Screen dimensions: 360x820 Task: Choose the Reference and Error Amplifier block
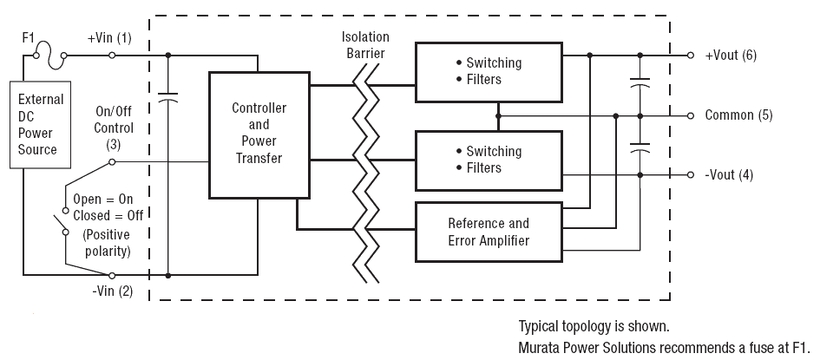click(x=488, y=232)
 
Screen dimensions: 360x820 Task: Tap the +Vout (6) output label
click(x=731, y=55)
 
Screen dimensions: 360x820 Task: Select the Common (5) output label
click(x=738, y=115)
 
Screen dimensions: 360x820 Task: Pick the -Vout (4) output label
click(x=729, y=175)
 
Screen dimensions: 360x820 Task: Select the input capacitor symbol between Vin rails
click(x=167, y=101)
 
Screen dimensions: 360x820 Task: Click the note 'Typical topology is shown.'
click(x=594, y=326)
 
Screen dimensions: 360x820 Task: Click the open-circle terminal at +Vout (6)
click(x=691, y=55)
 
